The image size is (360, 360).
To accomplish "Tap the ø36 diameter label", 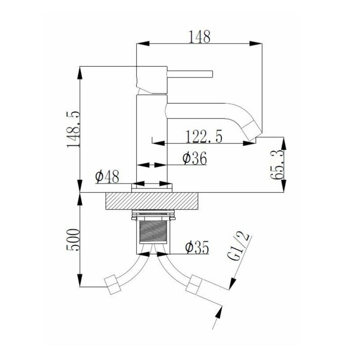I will [194, 159].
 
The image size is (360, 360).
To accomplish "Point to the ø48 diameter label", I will [107, 176].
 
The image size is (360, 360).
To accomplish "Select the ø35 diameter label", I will [197, 248].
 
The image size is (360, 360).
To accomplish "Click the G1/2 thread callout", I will [239, 247].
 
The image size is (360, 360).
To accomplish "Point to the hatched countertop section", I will [152, 201].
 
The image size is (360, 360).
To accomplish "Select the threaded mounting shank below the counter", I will [152, 232].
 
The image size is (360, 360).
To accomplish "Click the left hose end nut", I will [113, 285].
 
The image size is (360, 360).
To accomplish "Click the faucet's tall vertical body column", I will [152, 136].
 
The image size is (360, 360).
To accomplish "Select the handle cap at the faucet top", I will [151, 80].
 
